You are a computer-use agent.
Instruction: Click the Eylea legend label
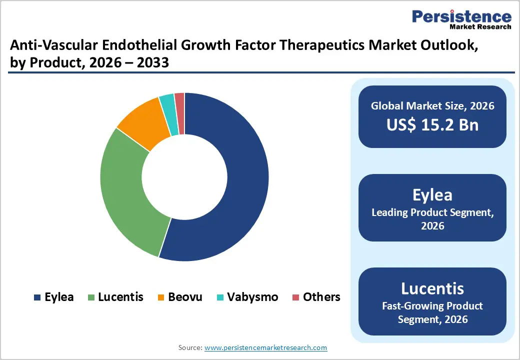coord(59,297)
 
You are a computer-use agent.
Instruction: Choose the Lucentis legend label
coord(120,297)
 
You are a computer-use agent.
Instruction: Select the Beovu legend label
coord(185,297)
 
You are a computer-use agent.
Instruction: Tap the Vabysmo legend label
coord(252,297)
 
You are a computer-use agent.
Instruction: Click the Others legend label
coord(321,297)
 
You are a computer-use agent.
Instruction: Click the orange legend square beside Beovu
coord(161,297)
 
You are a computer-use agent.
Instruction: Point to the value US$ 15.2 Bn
coord(432,125)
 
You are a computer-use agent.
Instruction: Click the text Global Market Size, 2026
coord(432,105)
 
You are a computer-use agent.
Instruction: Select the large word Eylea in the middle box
coord(432,194)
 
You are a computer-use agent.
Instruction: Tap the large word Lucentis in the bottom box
coord(432,288)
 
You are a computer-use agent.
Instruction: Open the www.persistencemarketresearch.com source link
coord(266,347)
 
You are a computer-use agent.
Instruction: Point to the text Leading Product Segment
coord(432,212)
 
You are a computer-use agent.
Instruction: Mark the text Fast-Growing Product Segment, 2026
coord(432,312)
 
